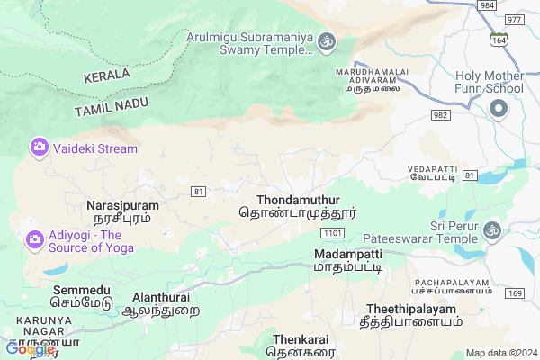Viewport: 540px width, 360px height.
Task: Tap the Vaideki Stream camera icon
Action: (39, 147)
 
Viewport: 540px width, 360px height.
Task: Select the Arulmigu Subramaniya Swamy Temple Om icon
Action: (326, 40)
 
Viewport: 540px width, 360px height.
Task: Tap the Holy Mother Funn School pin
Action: (499, 110)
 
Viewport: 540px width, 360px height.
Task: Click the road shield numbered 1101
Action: (332, 232)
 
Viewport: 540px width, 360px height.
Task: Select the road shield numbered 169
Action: (515, 293)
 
